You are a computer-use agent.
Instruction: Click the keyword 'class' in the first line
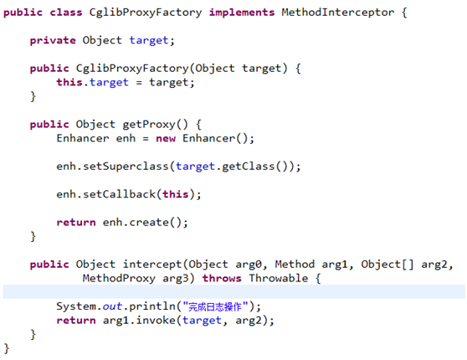[66, 13]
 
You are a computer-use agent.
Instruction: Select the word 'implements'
[242, 13]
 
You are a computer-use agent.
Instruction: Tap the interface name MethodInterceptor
[338, 13]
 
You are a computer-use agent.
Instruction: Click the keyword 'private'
[53, 40]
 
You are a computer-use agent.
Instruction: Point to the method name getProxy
[149, 125]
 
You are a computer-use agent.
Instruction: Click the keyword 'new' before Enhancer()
[166, 139]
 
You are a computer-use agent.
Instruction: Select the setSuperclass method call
[126, 167]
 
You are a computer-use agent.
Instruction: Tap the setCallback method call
[119, 194]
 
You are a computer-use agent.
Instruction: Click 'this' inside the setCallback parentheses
[176, 194]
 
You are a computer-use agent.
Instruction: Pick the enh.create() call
[146, 223]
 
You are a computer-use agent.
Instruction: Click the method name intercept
[152, 265]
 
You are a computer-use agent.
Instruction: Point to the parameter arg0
[249, 265]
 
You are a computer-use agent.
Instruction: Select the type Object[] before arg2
[387, 265]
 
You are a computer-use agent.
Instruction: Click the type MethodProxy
[119, 278]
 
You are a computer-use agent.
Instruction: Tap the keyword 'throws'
[222, 278]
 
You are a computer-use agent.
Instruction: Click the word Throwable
[279, 278]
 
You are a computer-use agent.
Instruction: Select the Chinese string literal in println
[215, 306]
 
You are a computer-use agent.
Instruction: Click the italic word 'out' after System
[112, 306]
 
